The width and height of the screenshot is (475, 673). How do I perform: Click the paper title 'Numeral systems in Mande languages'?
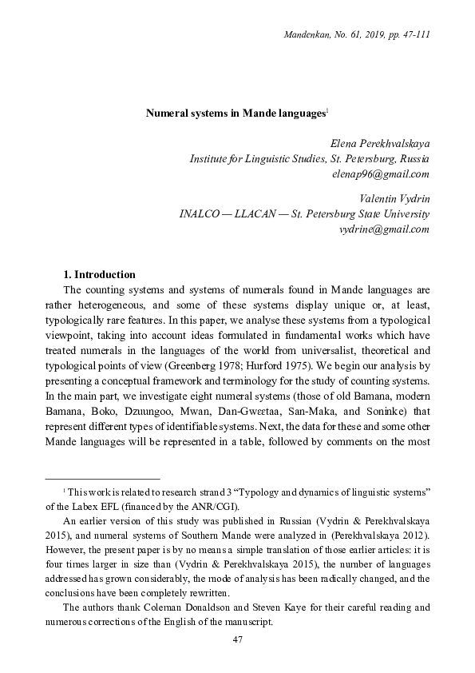coord(236,114)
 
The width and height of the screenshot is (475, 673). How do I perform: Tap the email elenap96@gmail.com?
coord(385,173)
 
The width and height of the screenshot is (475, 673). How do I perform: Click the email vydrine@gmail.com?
coord(385,229)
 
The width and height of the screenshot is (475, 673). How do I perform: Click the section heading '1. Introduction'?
coord(99,275)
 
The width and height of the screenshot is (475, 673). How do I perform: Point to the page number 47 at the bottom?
coord(237,639)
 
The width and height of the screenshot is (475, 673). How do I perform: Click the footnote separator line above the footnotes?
coord(102,477)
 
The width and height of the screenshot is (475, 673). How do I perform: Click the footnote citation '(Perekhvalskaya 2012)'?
coord(376,533)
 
